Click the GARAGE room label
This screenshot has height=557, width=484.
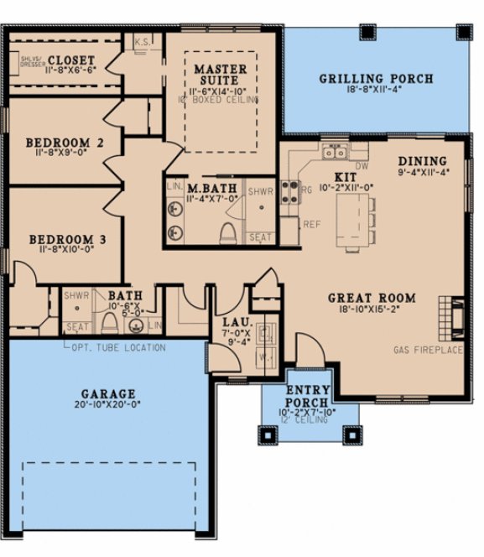(107, 393)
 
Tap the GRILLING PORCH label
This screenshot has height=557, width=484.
(376, 80)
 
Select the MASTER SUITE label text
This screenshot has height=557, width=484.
(220, 75)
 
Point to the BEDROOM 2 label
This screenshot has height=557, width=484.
(64, 143)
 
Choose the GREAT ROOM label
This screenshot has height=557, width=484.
(372, 298)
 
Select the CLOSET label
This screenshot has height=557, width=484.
(70, 60)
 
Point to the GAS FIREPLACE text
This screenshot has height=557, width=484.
(428, 349)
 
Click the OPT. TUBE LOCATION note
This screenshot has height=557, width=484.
(117, 347)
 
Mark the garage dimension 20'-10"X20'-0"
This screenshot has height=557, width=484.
(107, 404)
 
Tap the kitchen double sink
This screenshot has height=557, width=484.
(336, 153)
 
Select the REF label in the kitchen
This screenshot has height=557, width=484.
(311, 225)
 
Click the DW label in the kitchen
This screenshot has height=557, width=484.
(363, 166)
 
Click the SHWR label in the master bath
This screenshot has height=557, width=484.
(258, 213)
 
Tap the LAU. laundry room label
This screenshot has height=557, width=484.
(232, 321)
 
